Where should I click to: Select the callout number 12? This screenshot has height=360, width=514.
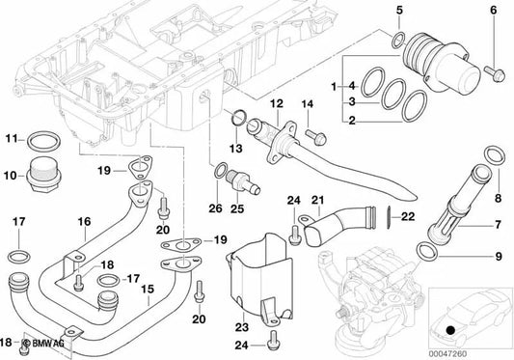276,103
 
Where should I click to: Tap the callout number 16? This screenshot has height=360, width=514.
84,222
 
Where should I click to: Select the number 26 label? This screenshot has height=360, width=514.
215,208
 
